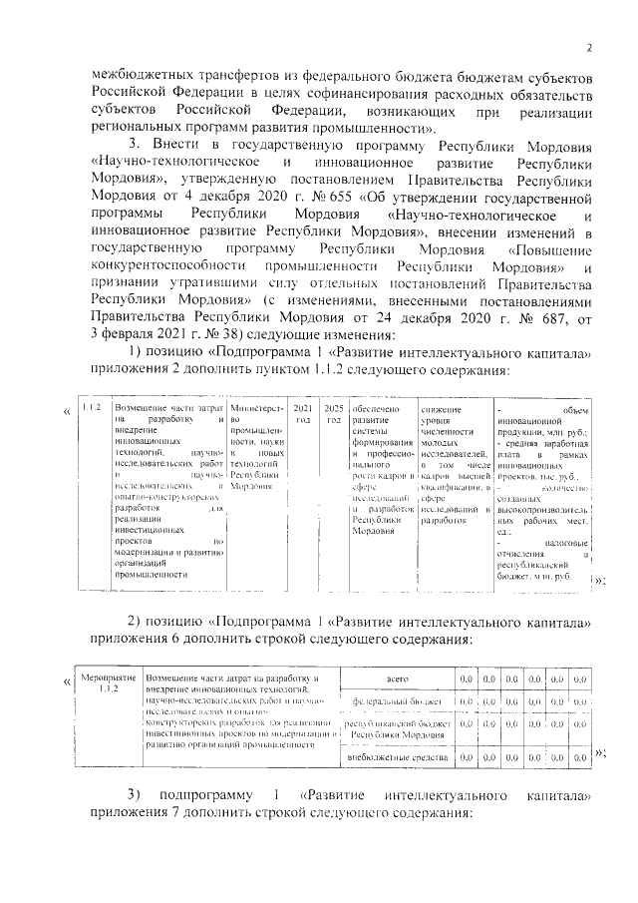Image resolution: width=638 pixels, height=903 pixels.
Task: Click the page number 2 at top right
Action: [589, 48]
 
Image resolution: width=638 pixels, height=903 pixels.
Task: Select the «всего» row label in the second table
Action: [397, 678]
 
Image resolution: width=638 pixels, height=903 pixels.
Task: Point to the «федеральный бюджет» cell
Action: [397, 702]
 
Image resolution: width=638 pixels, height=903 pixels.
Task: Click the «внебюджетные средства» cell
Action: [397, 757]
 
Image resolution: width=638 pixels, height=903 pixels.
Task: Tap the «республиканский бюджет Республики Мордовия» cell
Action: [397, 728]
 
